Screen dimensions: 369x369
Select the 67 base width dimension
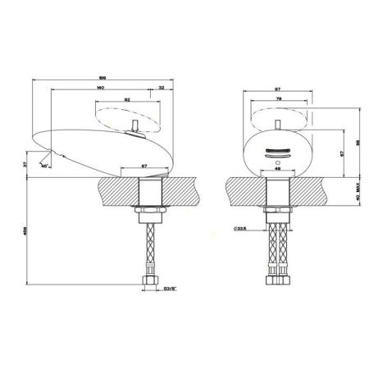143,167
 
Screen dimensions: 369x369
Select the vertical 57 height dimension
342,153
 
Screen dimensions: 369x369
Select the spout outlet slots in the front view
276,151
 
